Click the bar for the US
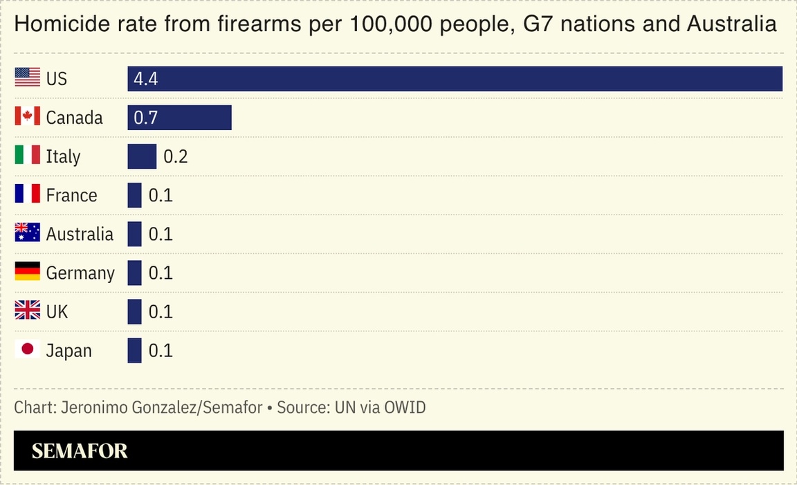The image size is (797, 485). click(x=455, y=79)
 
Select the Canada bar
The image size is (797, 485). click(x=179, y=118)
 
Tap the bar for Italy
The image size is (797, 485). click(x=142, y=156)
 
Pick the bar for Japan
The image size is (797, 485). click(x=134, y=350)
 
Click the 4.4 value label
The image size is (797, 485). click(x=146, y=79)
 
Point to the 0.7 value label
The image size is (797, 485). click(x=146, y=118)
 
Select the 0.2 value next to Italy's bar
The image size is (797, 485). click(x=175, y=156)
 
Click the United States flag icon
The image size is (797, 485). click(x=28, y=77)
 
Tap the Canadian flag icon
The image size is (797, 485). click(x=28, y=116)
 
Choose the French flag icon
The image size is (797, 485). click(x=28, y=194)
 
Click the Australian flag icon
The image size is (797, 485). click(x=28, y=232)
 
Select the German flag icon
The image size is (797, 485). click(x=28, y=271)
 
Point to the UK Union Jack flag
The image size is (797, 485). click(x=28, y=311)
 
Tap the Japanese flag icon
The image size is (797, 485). click(x=28, y=349)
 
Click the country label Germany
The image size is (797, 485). click(x=80, y=273)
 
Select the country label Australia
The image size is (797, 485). click(x=80, y=234)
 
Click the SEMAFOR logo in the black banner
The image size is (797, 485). click(x=80, y=451)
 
